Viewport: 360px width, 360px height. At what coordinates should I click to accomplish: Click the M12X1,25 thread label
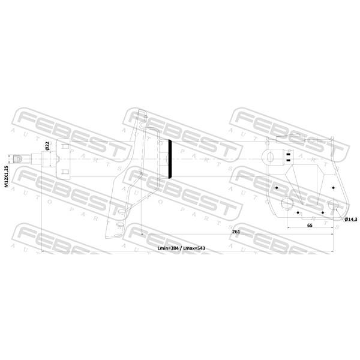point(7,176)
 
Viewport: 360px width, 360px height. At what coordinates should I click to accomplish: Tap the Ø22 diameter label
point(47,146)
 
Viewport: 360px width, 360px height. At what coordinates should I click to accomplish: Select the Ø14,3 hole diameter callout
point(351,219)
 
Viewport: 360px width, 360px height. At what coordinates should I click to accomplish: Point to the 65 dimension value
point(310,225)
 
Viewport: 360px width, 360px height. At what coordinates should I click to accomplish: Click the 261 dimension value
point(236,232)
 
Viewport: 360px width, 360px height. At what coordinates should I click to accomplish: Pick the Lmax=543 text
point(194,248)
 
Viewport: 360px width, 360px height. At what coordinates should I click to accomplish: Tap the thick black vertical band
point(170,159)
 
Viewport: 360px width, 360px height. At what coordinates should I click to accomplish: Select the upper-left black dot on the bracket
point(277,188)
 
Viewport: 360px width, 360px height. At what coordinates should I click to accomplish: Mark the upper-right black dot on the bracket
point(334,188)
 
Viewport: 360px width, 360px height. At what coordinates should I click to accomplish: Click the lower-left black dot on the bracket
point(298,212)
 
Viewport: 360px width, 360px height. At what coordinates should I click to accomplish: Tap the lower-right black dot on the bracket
point(323,212)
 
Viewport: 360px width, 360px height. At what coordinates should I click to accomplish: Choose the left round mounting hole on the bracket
point(287,203)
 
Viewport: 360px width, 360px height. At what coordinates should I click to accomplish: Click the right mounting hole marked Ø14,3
point(334,205)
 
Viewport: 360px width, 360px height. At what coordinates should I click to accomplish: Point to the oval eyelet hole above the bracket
point(270,157)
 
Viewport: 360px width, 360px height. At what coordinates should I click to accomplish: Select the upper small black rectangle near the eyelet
point(289,154)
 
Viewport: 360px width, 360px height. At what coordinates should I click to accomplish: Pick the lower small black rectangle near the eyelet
point(289,160)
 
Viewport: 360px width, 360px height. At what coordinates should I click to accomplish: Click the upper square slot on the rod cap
point(65,146)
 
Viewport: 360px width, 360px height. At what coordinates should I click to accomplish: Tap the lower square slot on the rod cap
point(65,172)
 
